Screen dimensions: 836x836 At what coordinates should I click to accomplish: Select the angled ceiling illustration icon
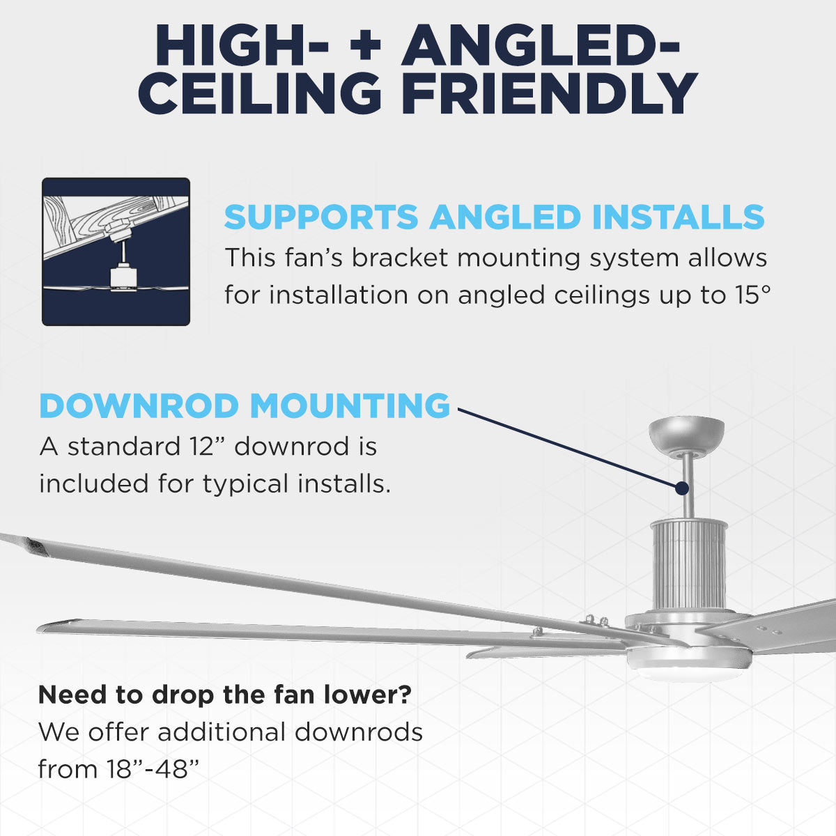116,251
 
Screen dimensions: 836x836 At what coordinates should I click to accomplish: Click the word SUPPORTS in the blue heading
321,217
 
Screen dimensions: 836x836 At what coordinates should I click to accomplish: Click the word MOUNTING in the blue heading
350,406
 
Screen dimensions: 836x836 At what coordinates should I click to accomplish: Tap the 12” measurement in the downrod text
207,447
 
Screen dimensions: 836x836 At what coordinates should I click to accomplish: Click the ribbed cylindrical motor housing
688,564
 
